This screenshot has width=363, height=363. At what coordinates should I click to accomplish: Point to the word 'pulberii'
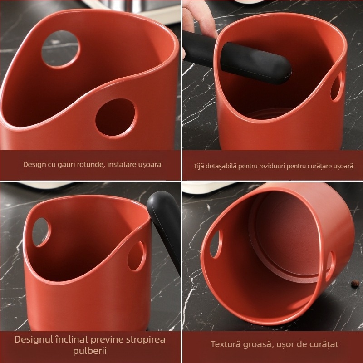[x=90, y=350]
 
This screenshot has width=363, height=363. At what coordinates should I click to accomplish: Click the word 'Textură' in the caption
[x=224, y=344]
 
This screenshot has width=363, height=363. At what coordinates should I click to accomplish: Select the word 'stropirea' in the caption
[x=146, y=339]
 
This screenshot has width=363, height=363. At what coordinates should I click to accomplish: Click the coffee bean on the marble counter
[x=354, y=283]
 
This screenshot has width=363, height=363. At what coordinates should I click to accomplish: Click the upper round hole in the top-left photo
[x=60, y=49]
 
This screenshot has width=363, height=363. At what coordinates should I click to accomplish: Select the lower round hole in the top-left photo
[x=116, y=118]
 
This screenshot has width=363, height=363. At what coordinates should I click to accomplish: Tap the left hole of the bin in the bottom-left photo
[x=41, y=232]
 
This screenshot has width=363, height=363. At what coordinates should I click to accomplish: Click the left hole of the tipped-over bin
[x=216, y=244]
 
